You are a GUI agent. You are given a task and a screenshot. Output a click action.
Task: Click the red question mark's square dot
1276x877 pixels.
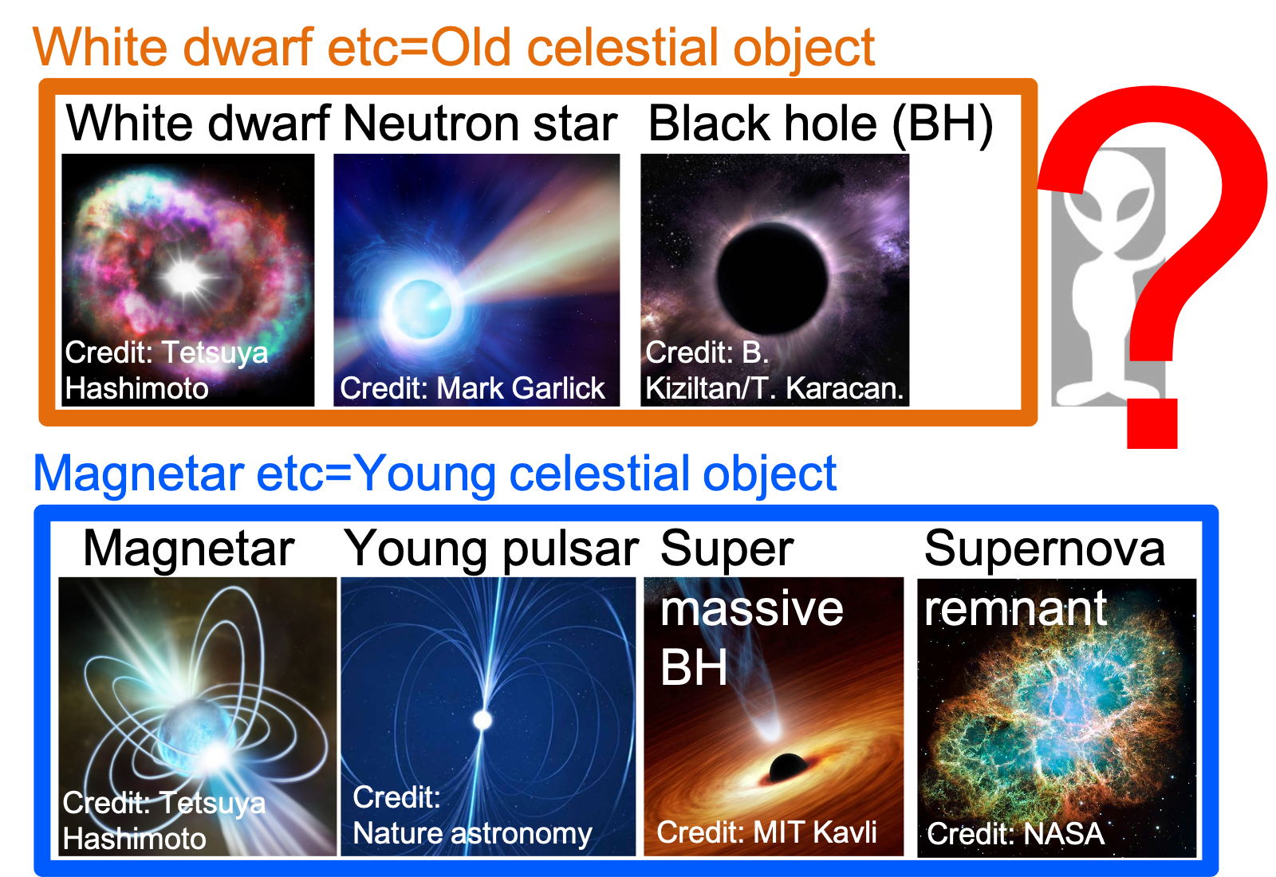(1152, 423)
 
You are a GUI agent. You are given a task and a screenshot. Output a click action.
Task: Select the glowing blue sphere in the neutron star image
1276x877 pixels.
(422, 309)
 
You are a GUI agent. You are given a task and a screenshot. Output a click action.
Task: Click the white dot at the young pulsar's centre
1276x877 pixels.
(482, 721)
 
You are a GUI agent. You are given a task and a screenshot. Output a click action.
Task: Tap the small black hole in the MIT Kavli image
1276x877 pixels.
(789, 767)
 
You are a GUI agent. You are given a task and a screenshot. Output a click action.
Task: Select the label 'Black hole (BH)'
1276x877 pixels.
(821, 124)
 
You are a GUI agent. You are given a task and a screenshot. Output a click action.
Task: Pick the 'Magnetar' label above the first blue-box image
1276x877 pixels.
(188, 549)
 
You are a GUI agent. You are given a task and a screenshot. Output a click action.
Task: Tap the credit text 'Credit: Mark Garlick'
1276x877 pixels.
(472, 388)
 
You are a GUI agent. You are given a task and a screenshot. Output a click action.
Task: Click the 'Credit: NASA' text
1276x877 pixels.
(1016, 834)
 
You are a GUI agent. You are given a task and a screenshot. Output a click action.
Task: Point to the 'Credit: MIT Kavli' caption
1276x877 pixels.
(766, 832)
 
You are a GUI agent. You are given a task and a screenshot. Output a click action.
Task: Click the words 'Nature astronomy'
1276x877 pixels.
(472, 834)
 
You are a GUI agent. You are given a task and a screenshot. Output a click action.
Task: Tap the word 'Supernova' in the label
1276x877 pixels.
(1044, 548)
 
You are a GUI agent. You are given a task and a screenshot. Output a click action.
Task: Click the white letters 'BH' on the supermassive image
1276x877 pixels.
(694, 667)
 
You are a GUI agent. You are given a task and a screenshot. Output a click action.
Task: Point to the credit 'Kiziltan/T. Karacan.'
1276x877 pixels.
(774, 389)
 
